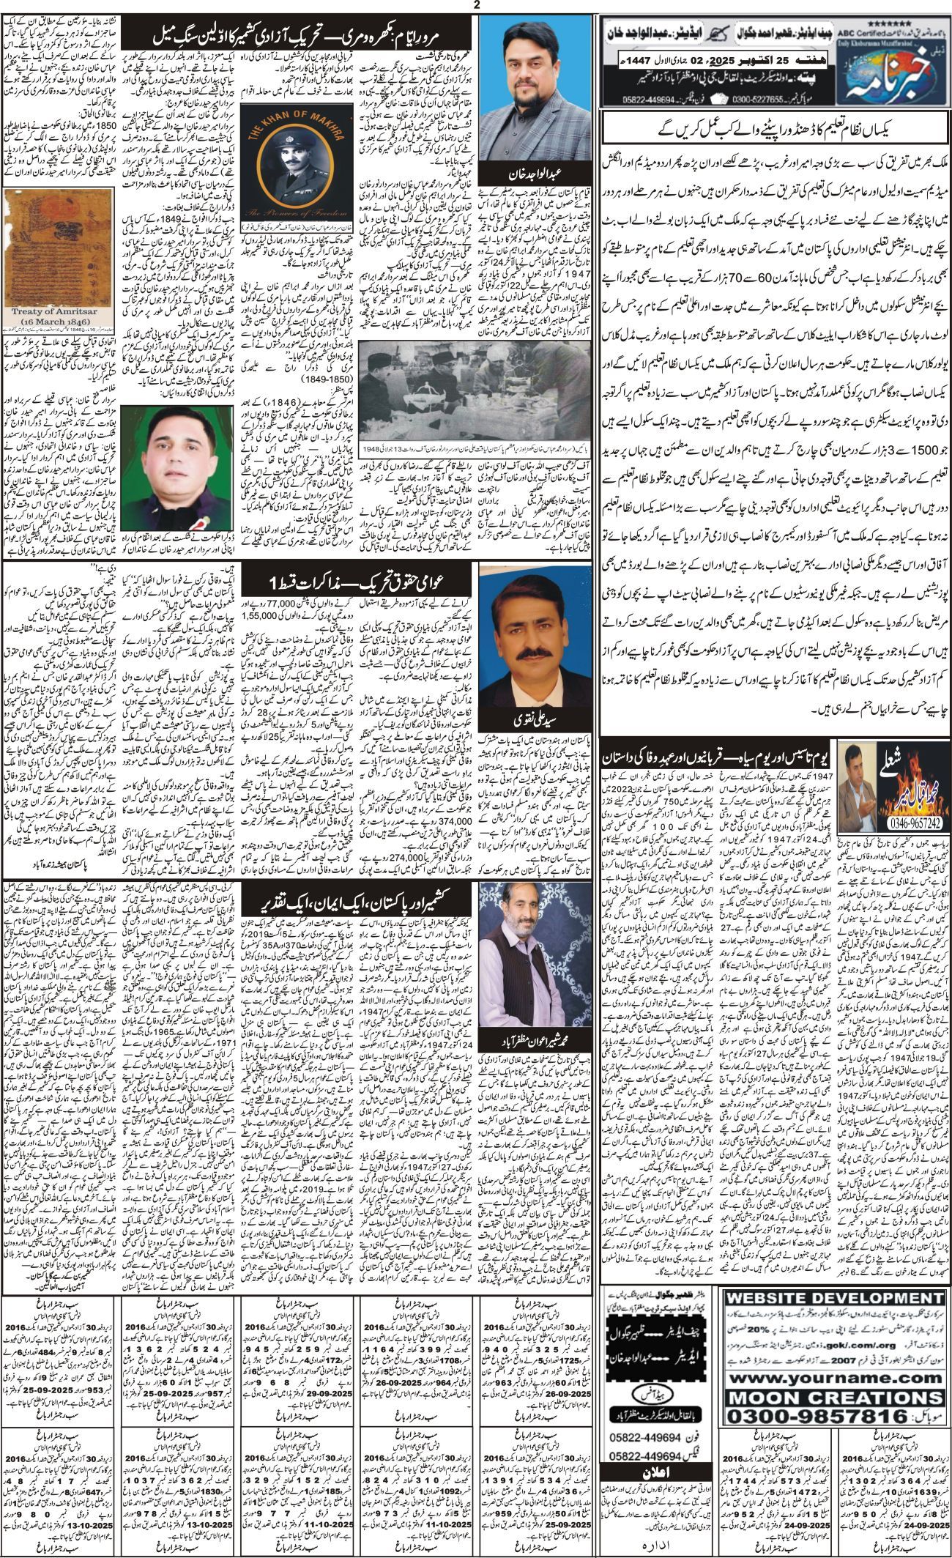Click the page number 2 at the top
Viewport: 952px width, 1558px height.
[477, 6]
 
